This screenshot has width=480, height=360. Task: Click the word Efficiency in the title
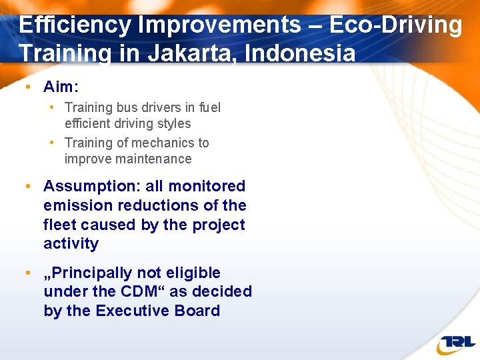(x=75, y=25)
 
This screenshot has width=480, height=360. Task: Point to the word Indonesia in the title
(x=300, y=53)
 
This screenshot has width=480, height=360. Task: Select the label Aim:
(x=61, y=87)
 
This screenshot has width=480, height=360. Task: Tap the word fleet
(x=60, y=225)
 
